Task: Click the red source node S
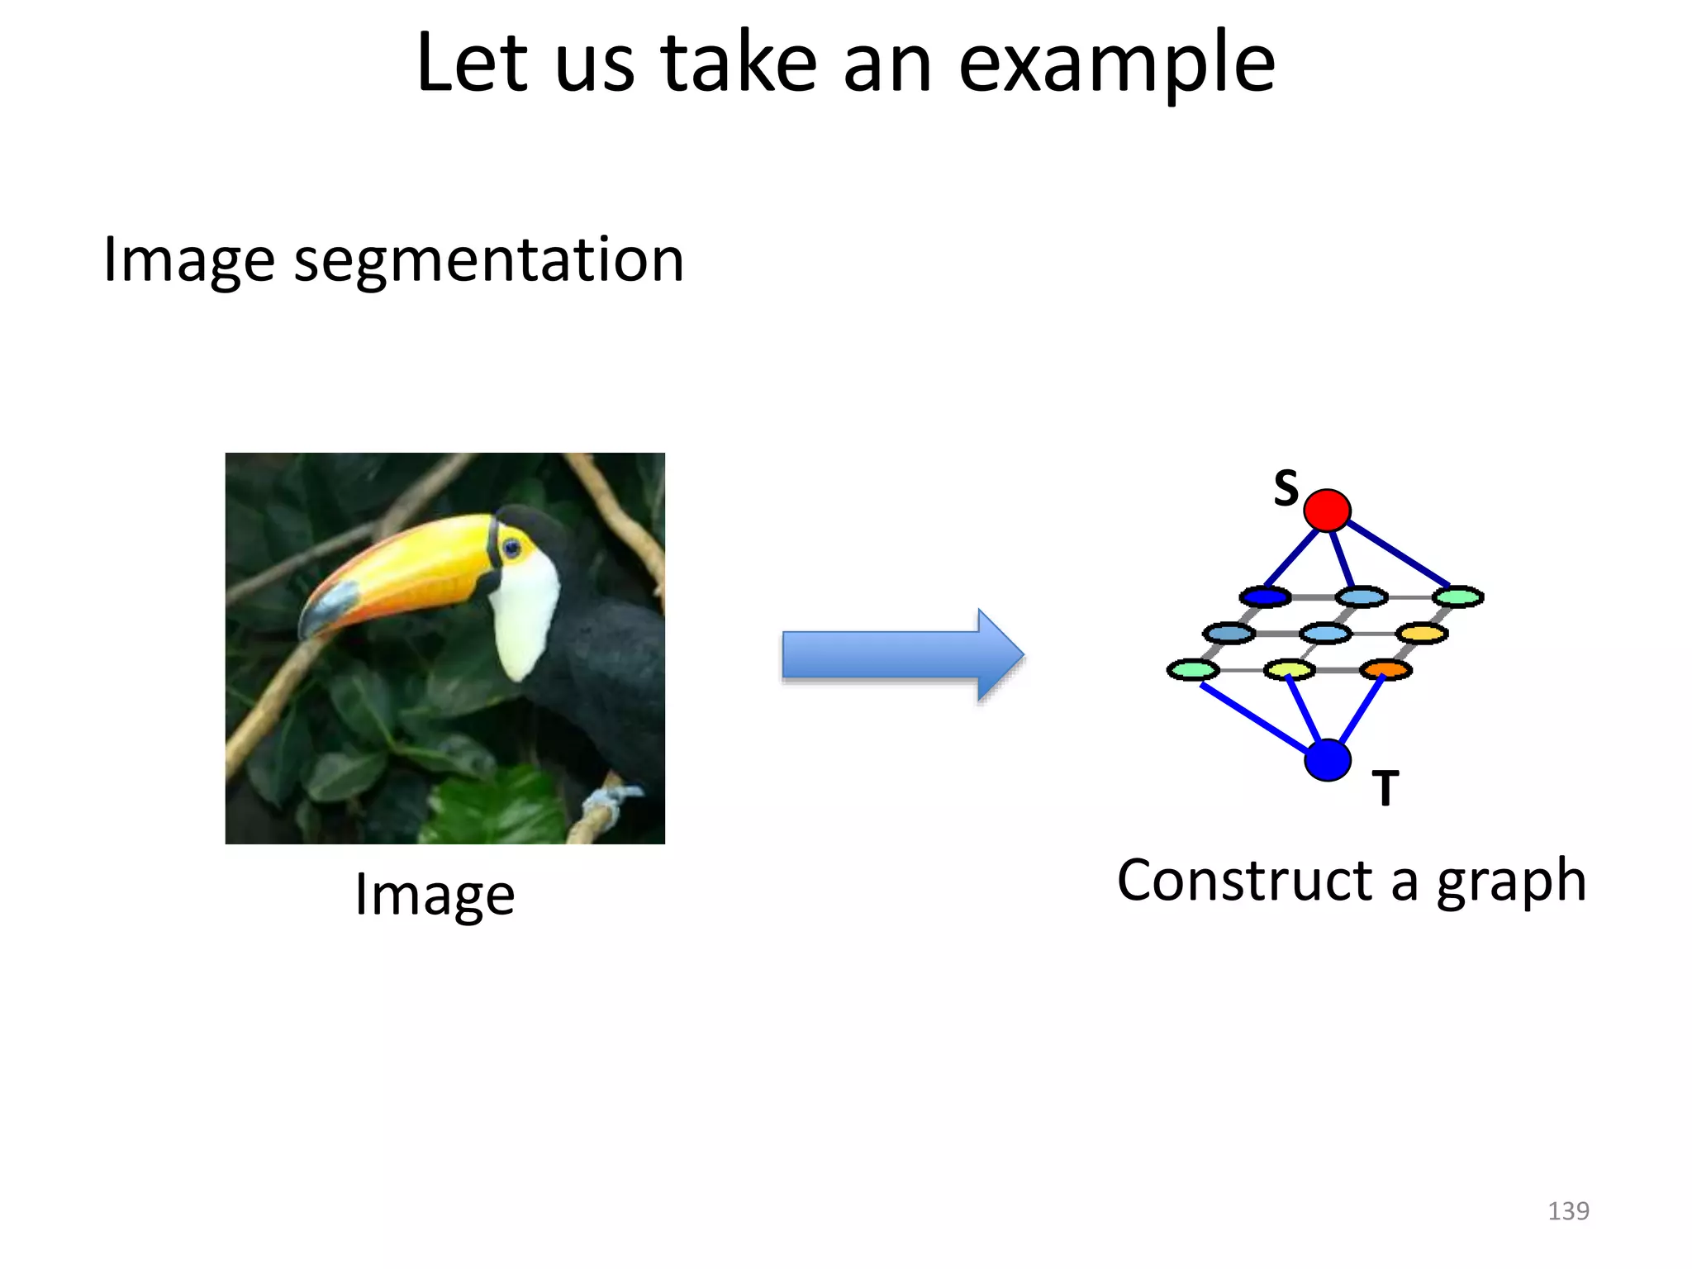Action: [x=1327, y=510]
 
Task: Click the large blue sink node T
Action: [x=1327, y=760]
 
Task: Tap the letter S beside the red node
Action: [x=1286, y=487]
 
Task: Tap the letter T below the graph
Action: [x=1385, y=788]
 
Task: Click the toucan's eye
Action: [x=511, y=547]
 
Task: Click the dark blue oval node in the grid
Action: [x=1265, y=596]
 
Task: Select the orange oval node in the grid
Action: [x=1385, y=669]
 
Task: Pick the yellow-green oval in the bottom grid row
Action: [x=1289, y=669]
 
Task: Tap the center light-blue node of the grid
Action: [x=1325, y=634]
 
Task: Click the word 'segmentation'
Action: [x=489, y=260]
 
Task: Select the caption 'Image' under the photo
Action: [x=435, y=894]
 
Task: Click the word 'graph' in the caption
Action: [x=1511, y=881]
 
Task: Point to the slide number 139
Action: [x=1567, y=1210]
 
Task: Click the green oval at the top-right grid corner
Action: [x=1458, y=596]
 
